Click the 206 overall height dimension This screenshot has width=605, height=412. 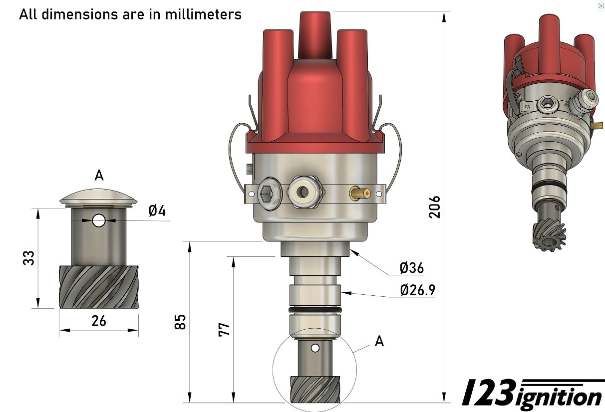pos(434,206)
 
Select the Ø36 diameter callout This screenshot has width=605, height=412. pos(411,268)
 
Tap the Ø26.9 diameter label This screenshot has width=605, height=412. pos(417,290)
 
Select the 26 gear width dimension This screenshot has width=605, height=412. pos(99,321)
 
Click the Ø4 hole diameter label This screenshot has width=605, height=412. pos(157,211)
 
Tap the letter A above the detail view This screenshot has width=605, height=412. pos(99,176)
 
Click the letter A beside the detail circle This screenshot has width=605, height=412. pos(379,341)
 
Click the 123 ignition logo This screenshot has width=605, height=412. pos(532,394)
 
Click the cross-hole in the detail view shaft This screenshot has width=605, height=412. pos(99,220)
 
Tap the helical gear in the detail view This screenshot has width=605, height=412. pos(99,287)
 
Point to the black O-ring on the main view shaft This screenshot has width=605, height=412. pos(315,310)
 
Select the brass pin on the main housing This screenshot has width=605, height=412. pos(359,193)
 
